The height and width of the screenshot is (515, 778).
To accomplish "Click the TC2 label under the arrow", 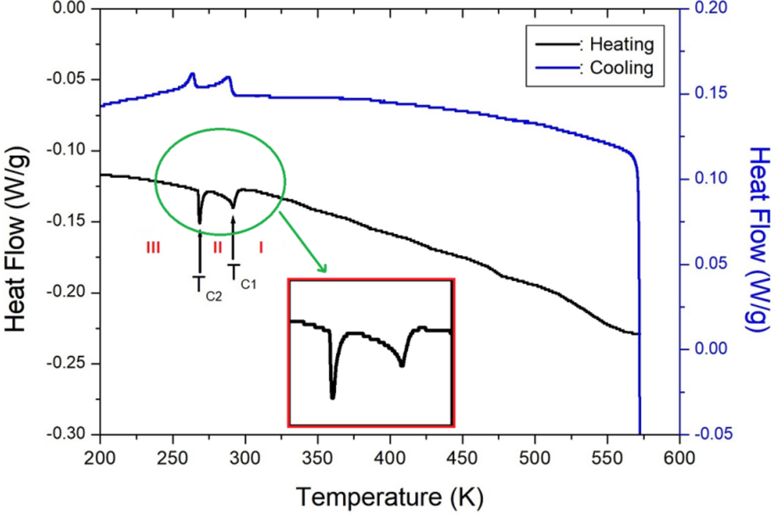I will pyautogui.click(x=208, y=286).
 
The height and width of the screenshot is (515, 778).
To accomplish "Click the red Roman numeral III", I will pyautogui.click(x=153, y=248).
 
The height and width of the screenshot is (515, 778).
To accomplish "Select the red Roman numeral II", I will pyautogui.click(x=218, y=248).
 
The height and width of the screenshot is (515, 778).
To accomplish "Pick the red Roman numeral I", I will pyautogui.click(x=261, y=248).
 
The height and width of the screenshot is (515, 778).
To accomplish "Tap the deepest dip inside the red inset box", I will pyautogui.click(x=333, y=396).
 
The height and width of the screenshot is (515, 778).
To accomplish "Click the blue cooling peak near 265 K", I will pyautogui.click(x=192, y=74).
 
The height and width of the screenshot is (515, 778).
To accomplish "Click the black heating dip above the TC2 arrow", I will pyautogui.click(x=200, y=222).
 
